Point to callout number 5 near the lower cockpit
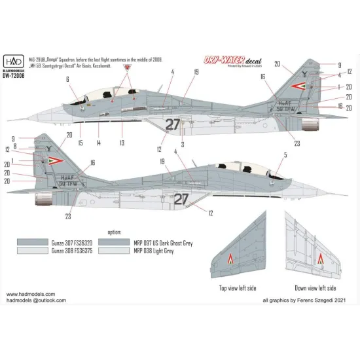point(267,155)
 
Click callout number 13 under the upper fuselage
point(122,143)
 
